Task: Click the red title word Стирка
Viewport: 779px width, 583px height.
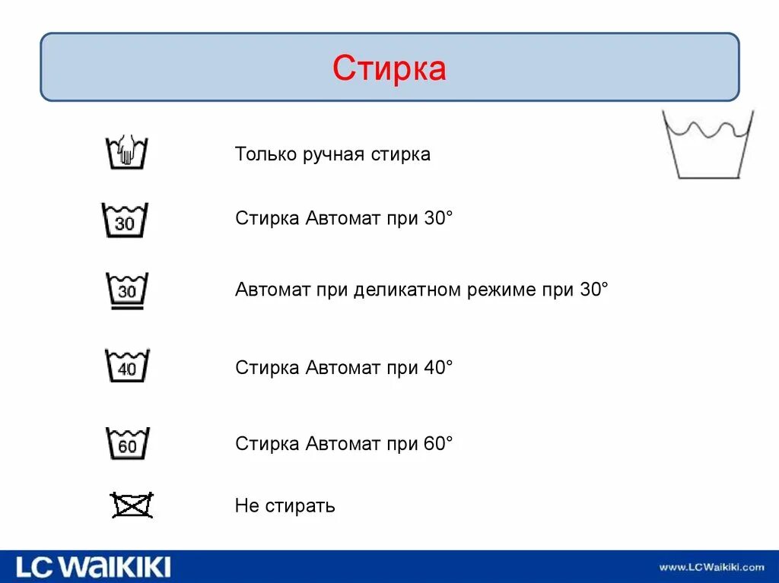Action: coord(389,68)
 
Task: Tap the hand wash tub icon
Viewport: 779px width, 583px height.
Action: coord(126,151)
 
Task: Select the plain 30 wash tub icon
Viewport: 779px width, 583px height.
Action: coord(126,220)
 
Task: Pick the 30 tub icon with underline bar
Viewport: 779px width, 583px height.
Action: coord(126,291)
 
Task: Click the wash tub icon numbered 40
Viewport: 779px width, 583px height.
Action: coord(127,366)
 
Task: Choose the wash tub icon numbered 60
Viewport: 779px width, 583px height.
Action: coord(127,443)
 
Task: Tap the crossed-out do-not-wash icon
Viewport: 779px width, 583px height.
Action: coord(132,505)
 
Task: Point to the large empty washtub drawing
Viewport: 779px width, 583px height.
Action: coord(707,144)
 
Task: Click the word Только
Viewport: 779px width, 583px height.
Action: coord(261,154)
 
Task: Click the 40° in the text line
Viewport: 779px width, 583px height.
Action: coord(438,368)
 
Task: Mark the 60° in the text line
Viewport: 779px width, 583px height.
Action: coord(438,444)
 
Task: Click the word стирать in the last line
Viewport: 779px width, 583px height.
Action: coord(300,506)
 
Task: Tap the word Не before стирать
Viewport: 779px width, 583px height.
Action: coord(247,506)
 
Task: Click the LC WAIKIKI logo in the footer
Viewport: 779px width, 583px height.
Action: coord(94,566)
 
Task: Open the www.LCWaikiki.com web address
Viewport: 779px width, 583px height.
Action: coord(711,567)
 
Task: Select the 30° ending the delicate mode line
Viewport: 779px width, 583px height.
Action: coord(594,290)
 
